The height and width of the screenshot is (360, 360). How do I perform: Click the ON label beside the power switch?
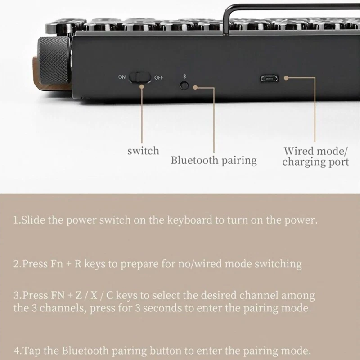point(122,77)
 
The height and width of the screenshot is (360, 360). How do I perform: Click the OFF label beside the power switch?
point(159,77)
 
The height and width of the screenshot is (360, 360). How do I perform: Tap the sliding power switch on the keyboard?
point(140,77)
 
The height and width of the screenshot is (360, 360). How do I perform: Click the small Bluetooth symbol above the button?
point(184,76)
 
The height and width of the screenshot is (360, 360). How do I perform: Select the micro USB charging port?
point(269,78)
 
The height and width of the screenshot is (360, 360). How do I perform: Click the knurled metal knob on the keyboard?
point(54,60)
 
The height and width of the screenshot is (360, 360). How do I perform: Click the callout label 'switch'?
point(143,151)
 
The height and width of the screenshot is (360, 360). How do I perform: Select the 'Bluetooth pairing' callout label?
point(214,161)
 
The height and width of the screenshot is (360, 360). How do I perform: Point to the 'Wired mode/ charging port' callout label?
point(316,157)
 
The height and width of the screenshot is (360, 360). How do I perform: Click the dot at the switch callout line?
point(142,87)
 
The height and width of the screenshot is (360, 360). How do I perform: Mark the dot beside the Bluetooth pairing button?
point(195,87)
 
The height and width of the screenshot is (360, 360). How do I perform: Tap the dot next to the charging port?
point(286,78)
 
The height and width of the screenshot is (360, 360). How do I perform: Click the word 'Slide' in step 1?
point(33,220)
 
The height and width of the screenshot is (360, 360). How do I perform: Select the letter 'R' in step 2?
point(78,264)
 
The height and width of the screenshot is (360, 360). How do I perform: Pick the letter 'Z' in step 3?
point(79,296)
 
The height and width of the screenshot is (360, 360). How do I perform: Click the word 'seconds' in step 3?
point(162,308)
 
